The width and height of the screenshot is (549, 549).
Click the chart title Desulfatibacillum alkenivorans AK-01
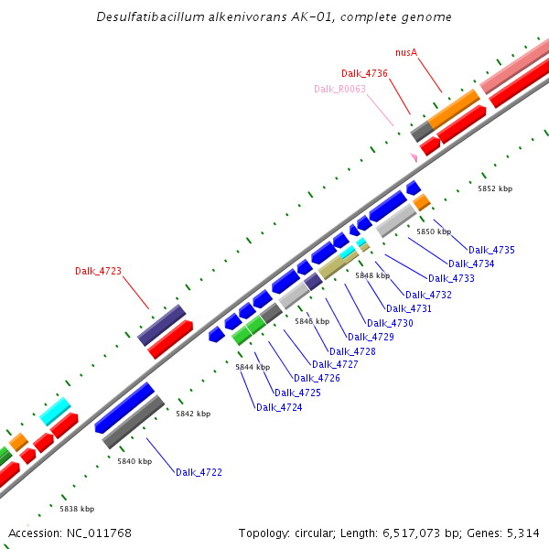(274, 17)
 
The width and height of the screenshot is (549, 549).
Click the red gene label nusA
(406, 53)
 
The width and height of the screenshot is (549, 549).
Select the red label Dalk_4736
(364, 73)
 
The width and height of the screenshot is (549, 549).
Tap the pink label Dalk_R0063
(339, 89)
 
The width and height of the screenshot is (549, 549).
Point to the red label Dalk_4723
(98, 271)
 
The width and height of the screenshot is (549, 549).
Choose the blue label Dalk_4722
(199, 472)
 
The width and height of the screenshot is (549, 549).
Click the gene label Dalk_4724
(279, 407)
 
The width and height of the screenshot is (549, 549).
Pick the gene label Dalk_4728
(352, 351)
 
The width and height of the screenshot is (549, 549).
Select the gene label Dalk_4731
(409, 308)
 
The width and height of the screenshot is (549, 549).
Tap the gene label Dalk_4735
(491, 250)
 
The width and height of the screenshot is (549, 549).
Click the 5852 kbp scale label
(495, 188)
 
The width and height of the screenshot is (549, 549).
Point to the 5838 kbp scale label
(77, 509)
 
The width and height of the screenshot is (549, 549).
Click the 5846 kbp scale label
(311, 321)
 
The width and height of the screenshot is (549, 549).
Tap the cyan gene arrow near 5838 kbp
(55, 411)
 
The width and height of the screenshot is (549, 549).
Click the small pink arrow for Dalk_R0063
(414, 158)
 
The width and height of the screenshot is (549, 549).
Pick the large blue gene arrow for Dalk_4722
(124, 407)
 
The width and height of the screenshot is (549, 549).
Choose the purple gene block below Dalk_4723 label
(162, 325)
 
